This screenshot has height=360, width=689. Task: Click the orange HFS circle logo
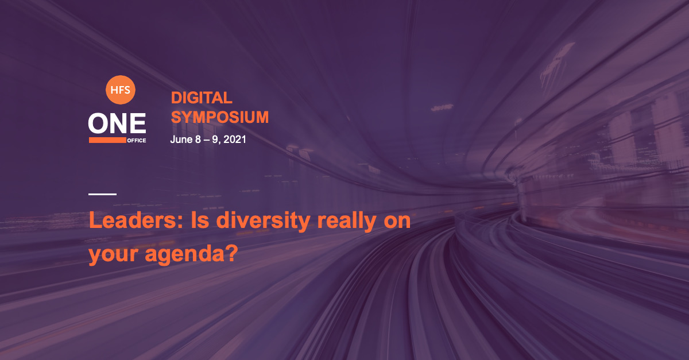click(x=120, y=90)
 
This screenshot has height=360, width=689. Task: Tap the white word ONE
click(x=117, y=123)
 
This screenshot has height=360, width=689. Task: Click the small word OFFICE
click(x=137, y=140)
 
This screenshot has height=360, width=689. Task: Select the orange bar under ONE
click(x=107, y=140)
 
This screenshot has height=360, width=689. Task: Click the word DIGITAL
click(x=202, y=98)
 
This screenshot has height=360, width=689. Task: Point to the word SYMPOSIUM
click(x=219, y=117)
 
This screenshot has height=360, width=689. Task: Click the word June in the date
click(x=181, y=140)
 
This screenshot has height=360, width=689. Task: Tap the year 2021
click(x=235, y=140)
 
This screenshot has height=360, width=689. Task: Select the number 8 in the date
click(x=198, y=140)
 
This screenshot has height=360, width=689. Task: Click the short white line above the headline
click(x=102, y=194)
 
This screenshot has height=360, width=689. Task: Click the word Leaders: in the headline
click(x=136, y=220)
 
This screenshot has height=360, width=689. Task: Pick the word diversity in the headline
click(x=264, y=221)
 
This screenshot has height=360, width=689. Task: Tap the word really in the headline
click(x=347, y=221)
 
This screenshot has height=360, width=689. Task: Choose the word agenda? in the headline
click(x=191, y=254)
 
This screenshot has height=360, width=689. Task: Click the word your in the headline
click(x=113, y=256)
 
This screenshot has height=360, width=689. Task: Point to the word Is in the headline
click(x=200, y=220)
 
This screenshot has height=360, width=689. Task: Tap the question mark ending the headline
click(x=233, y=253)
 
